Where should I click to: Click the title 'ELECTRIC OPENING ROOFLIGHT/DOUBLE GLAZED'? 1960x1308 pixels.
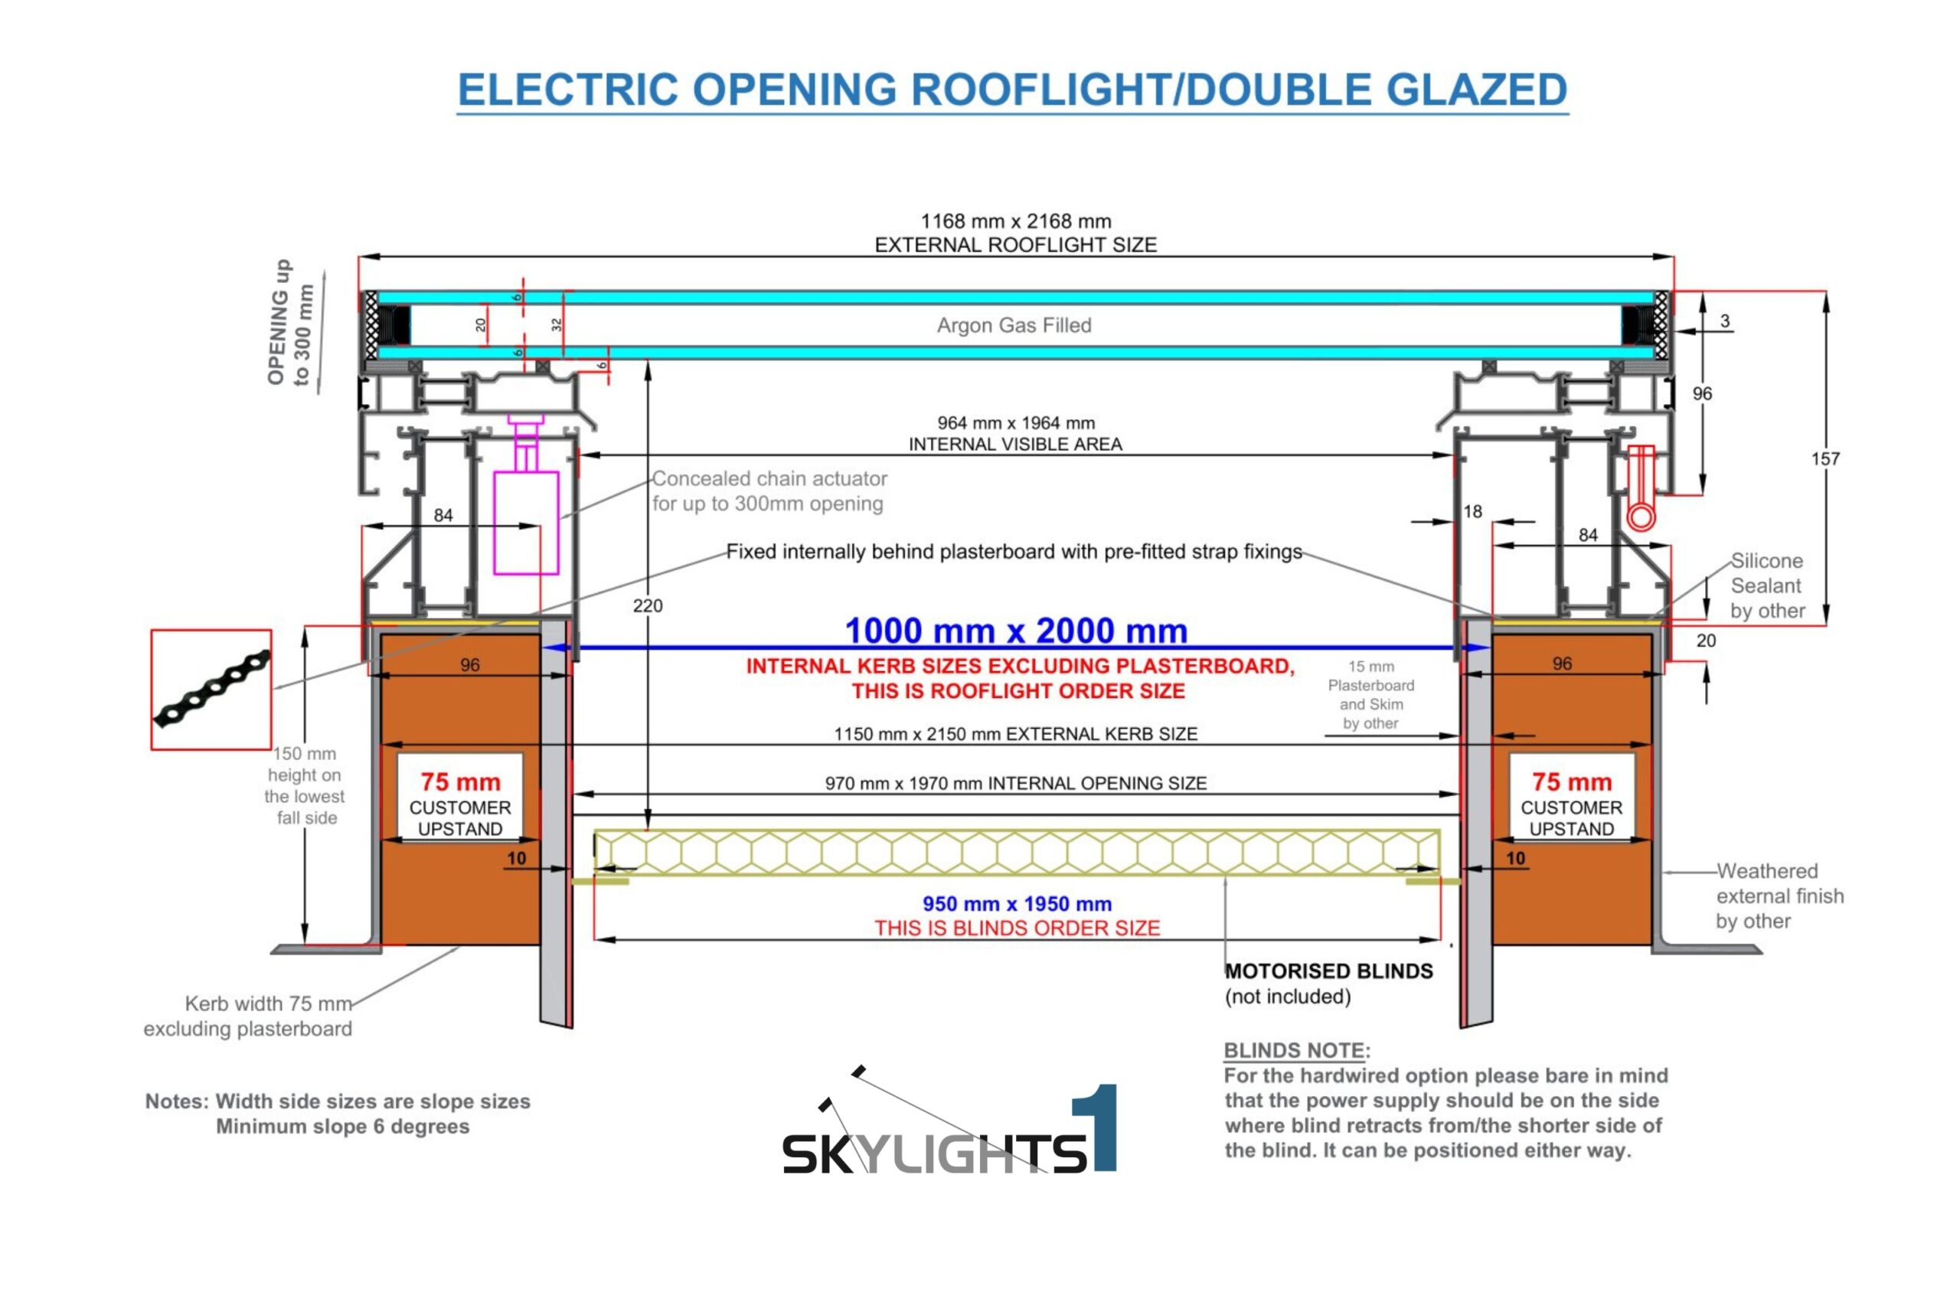[x=1012, y=90]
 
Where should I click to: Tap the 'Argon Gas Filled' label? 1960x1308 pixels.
[x=1014, y=325]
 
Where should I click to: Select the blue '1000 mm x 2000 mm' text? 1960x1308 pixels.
[x=1015, y=631]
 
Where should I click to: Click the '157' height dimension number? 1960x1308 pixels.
[x=1824, y=458]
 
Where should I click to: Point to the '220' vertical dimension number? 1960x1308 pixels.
[x=648, y=605]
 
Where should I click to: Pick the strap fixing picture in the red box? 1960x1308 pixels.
[x=211, y=690]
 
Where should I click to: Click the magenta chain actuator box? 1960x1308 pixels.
[x=526, y=523]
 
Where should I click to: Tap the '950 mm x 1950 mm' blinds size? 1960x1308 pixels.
[x=1016, y=903]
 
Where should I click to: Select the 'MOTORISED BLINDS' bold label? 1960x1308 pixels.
[x=1328, y=971]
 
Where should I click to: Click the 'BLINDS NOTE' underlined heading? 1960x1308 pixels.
[x=1294, y=1050]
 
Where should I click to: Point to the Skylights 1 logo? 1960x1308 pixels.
[x=949, y=1130]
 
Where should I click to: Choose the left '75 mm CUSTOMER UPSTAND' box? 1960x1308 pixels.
[x=459, y=798]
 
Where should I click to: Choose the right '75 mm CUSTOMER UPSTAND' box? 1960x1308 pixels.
[x=1571, y=798]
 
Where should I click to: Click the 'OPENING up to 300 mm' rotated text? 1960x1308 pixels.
[x=289, y=323]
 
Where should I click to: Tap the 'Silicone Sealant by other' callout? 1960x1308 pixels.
[x=1766, y=586]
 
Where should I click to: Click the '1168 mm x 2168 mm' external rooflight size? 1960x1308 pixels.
[x=1015, y=222]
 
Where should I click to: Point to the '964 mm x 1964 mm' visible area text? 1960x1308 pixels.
[x=1015, y=423]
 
